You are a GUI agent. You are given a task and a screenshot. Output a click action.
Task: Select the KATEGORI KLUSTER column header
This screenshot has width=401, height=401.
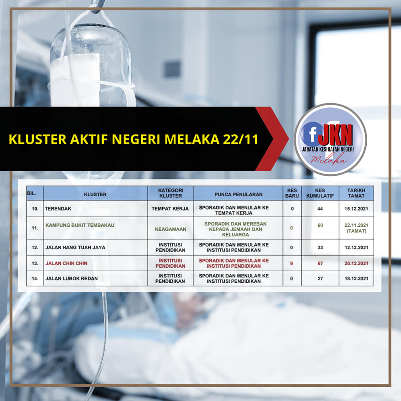click(x=170, y=193)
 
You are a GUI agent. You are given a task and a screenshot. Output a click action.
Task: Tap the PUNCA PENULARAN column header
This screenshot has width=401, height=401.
click(x=239, y=194)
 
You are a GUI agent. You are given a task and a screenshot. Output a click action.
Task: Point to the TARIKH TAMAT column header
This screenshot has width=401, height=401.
click(x=356, y=193)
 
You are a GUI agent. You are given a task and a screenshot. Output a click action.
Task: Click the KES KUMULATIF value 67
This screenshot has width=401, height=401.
click(x=320, y=264)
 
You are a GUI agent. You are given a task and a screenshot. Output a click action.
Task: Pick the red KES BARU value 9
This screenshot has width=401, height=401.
click(x=292, y=264)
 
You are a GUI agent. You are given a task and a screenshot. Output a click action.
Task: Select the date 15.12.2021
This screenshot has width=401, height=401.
click(x=356, y=209)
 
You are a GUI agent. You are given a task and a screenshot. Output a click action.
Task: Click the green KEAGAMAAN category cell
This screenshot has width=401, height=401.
click(x=170, y=229)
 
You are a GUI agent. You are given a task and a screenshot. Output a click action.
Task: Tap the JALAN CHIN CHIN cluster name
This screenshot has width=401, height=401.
click(x=66, y=264)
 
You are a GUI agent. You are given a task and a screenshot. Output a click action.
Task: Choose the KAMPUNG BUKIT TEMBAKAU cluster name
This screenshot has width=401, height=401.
click(x=80, y=225)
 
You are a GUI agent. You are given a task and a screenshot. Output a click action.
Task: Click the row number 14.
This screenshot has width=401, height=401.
click(x=35, y=279)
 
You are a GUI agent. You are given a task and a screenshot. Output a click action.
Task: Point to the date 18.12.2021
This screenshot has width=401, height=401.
click(x=356, y=279)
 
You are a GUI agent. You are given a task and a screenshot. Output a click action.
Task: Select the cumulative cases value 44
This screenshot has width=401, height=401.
click(x=320, y=209)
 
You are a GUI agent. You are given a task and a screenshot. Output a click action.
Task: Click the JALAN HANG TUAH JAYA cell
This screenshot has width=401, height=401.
click(x=75, y=248)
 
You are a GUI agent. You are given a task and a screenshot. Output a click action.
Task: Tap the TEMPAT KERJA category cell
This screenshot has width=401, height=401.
click(x=170, y=209)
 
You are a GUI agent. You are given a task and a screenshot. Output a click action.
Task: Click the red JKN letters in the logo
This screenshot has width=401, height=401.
click(x=337, y=135)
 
